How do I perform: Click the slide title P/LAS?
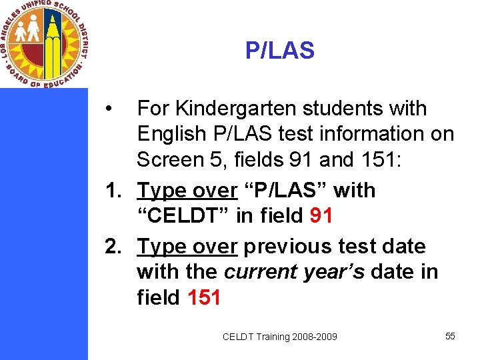click(x=279, y=51)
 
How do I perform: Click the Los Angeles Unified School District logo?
click(x=44, y=43)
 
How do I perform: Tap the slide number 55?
click(x=450, y=336)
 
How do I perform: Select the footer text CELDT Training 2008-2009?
click(x=280, y=337)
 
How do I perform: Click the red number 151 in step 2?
click(x=204, y=297)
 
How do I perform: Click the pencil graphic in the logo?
click(x=53, y=40)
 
